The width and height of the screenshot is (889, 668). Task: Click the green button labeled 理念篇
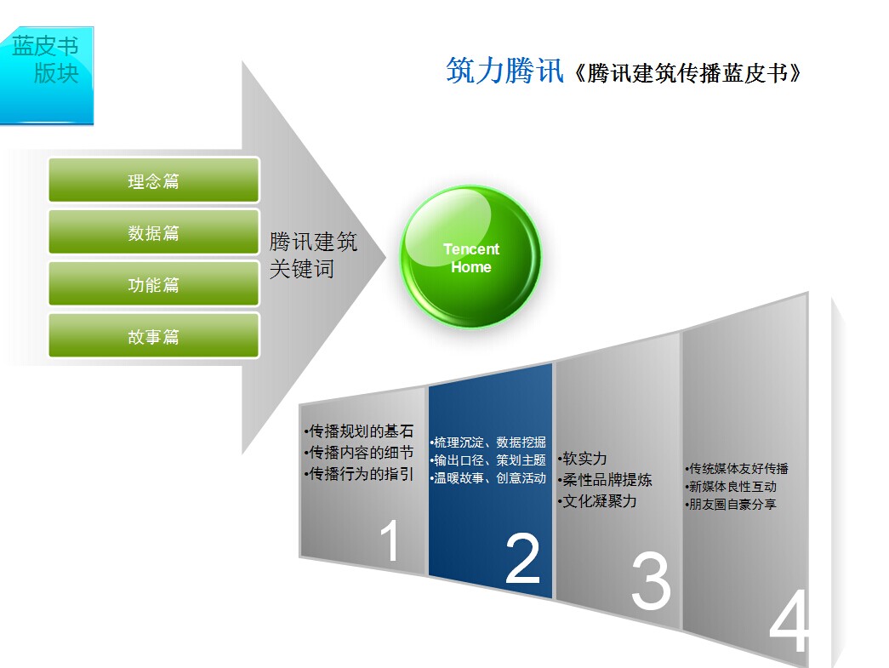[x=154, y=180]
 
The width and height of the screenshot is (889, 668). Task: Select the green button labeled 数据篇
[x=154, y=232]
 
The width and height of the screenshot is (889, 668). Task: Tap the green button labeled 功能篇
[x=154, y=283]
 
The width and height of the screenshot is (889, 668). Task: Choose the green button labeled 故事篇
[x=154, y=335]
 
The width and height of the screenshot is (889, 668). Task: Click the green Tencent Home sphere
[x=470, y=257]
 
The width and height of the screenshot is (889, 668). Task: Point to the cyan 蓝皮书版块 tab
[x=47, y=75]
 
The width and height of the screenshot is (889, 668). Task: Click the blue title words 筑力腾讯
[x=504, y=71]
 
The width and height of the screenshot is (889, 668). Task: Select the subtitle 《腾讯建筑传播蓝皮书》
[x=688, y=73]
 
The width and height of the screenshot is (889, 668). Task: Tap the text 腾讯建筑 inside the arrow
[x=313, y=242]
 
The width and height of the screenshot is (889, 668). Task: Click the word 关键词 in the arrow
[x=302, y=269]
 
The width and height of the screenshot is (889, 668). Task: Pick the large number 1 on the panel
[x=390, y=541]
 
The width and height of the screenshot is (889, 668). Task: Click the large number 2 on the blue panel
[x=522, y=558]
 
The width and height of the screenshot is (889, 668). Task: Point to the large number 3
[x=651, y=580]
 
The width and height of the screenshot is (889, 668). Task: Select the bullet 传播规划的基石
[x=360, y=431]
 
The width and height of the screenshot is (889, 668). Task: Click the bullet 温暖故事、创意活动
[x=488, y=478]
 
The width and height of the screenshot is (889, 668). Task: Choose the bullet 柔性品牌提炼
[x=605, y=480]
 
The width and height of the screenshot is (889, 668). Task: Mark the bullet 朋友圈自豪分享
[x=731, y=504]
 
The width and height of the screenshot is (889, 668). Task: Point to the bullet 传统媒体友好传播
[x=737, y=468]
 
